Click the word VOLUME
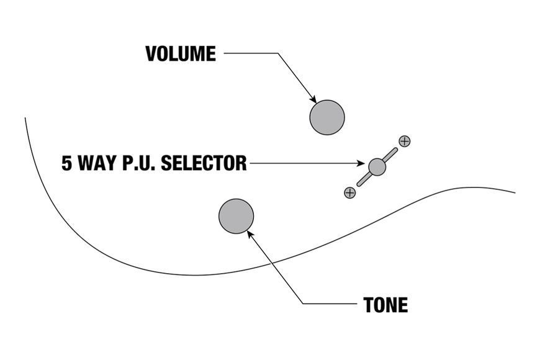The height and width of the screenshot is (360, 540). [x=181, y=54]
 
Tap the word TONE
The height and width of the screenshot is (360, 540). [x=385, y=305]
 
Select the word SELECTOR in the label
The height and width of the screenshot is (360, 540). [x=204, y=163]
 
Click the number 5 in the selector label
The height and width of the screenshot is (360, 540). [x=67, y=163]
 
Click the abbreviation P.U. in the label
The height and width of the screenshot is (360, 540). [x=140, y=163]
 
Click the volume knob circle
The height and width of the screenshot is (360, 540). [x=327, y=117]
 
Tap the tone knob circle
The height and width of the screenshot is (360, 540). [x=236, y=216]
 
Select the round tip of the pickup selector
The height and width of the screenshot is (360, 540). [x=377, y=167]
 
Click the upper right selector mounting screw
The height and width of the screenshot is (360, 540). [x=404, y=141]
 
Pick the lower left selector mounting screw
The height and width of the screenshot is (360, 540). [x=350, y=192]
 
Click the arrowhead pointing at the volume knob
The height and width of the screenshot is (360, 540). [x=313, y=99]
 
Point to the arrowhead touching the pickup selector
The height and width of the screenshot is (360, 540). [x=361, y=163]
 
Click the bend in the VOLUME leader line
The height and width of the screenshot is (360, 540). [x=278, y=53]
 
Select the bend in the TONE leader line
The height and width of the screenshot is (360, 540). [x=303, y=304]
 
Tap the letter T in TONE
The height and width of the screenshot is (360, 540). [x=369, y=305]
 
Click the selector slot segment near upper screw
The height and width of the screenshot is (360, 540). [x=390, y=155]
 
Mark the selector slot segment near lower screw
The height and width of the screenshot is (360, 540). [x=364, y=179]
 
